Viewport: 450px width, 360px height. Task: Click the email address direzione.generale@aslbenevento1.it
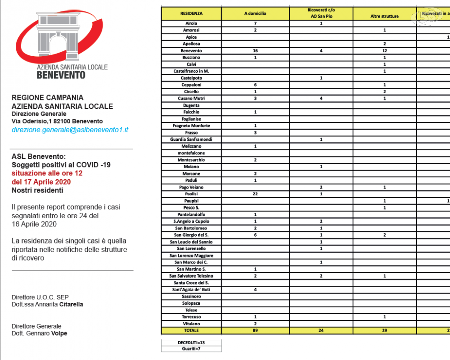(70, 130)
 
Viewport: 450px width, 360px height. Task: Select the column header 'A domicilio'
(255, 13)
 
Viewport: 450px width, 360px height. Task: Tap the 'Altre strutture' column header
(384, 16)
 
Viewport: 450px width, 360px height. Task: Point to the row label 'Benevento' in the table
(191, 51)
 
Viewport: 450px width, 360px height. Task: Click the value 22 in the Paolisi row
(255, 194)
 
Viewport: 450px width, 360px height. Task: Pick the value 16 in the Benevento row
(255, 51)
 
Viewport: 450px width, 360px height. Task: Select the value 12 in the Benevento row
(384, 51)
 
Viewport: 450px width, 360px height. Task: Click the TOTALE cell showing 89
(255, 331)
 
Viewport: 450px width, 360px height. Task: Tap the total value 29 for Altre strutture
(384, 331)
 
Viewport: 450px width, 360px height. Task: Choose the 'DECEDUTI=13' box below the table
(191, 343)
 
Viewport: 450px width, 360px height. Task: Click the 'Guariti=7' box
(191, 349)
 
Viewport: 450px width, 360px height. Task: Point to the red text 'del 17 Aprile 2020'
(41, 182)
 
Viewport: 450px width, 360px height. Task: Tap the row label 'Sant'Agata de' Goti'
(191, 290)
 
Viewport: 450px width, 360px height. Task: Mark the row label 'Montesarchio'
(191, 160)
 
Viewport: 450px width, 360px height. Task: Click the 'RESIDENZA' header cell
(191, 13)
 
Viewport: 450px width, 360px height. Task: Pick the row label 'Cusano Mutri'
(191, 99)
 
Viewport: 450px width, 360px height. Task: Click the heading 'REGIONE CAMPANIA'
(47, 98)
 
